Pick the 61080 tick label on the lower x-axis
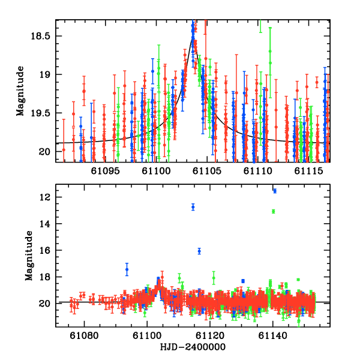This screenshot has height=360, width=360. click(84, 337)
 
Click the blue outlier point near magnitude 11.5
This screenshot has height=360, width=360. click(275, 191)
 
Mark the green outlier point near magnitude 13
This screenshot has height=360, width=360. click(273, 211)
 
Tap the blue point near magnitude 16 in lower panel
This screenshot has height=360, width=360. click(199, 251)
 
